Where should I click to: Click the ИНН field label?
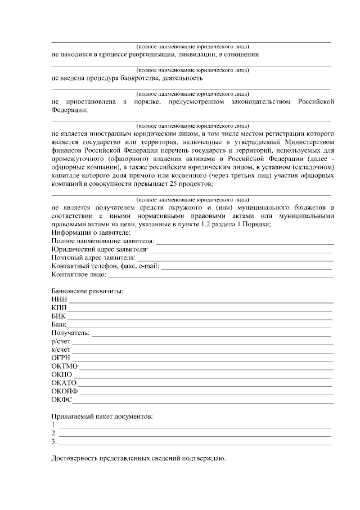tap(58, 299)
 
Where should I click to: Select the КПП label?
tap(58, 308)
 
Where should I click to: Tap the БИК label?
tap(58, 316)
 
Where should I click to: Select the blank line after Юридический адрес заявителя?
tap(242, 249)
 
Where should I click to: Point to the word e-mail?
tap(147, 266)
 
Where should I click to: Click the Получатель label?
tap(70, 333)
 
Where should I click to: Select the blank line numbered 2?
tap(194, 434)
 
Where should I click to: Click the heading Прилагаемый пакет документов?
tap(102, 417)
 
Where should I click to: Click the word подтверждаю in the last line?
tap(204, 458)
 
